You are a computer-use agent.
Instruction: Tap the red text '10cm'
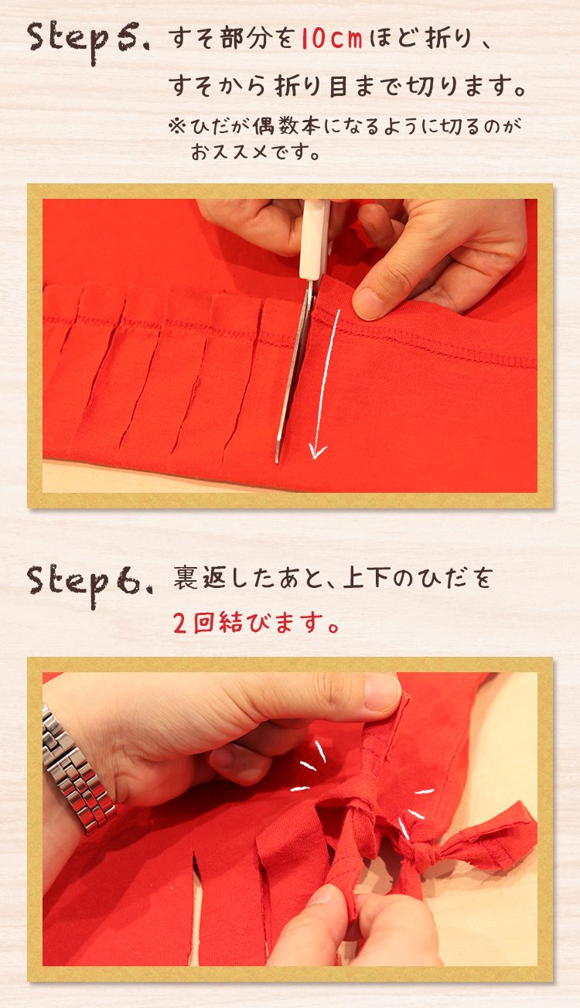332,39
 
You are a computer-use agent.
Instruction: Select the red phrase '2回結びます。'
256,624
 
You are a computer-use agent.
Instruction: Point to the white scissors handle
314,239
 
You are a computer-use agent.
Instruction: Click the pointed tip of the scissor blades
277,460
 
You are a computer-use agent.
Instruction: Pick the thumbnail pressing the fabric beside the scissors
370,302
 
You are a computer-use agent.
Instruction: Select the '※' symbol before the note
177,126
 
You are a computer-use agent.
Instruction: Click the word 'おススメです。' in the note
255,152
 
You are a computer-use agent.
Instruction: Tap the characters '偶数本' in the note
286,126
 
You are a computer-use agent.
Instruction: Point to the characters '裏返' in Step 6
199,578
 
